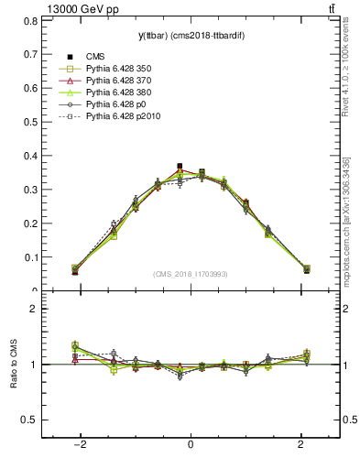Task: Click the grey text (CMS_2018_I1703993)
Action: tap(191, 274)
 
